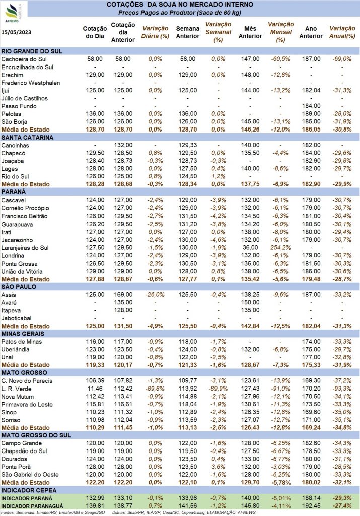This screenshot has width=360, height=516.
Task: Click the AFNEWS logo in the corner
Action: (13, 13)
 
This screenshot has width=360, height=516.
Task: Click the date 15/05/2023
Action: (16, 32)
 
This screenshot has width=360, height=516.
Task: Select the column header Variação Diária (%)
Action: (155, 32)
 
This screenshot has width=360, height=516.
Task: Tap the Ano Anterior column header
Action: (311, 32)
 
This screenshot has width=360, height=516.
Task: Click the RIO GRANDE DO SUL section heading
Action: (32, 51)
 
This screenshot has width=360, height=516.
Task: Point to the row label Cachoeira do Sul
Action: (24, 59)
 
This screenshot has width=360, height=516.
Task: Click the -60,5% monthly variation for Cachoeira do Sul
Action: (280, 59)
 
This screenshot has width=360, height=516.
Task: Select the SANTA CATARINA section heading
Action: (27, 137)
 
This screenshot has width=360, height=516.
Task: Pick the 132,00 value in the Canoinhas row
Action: (123, 145)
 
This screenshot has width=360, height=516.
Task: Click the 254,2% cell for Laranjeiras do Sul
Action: (280, 247)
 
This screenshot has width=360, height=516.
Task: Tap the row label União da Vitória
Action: (22, 272)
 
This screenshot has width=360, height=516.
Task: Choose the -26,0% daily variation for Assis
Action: (155, 294)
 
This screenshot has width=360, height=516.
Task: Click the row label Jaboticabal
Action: (17, 318)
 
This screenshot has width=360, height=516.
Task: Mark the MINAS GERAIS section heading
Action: (23, 334)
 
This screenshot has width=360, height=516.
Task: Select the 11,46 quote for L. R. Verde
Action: (95, 389)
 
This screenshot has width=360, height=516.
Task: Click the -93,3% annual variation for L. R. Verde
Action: (342, 389)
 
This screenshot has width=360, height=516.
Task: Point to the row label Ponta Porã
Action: (16, 467)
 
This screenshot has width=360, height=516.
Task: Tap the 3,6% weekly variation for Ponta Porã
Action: (219, 467)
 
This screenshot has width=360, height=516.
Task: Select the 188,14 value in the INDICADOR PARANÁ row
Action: (311, 498)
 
